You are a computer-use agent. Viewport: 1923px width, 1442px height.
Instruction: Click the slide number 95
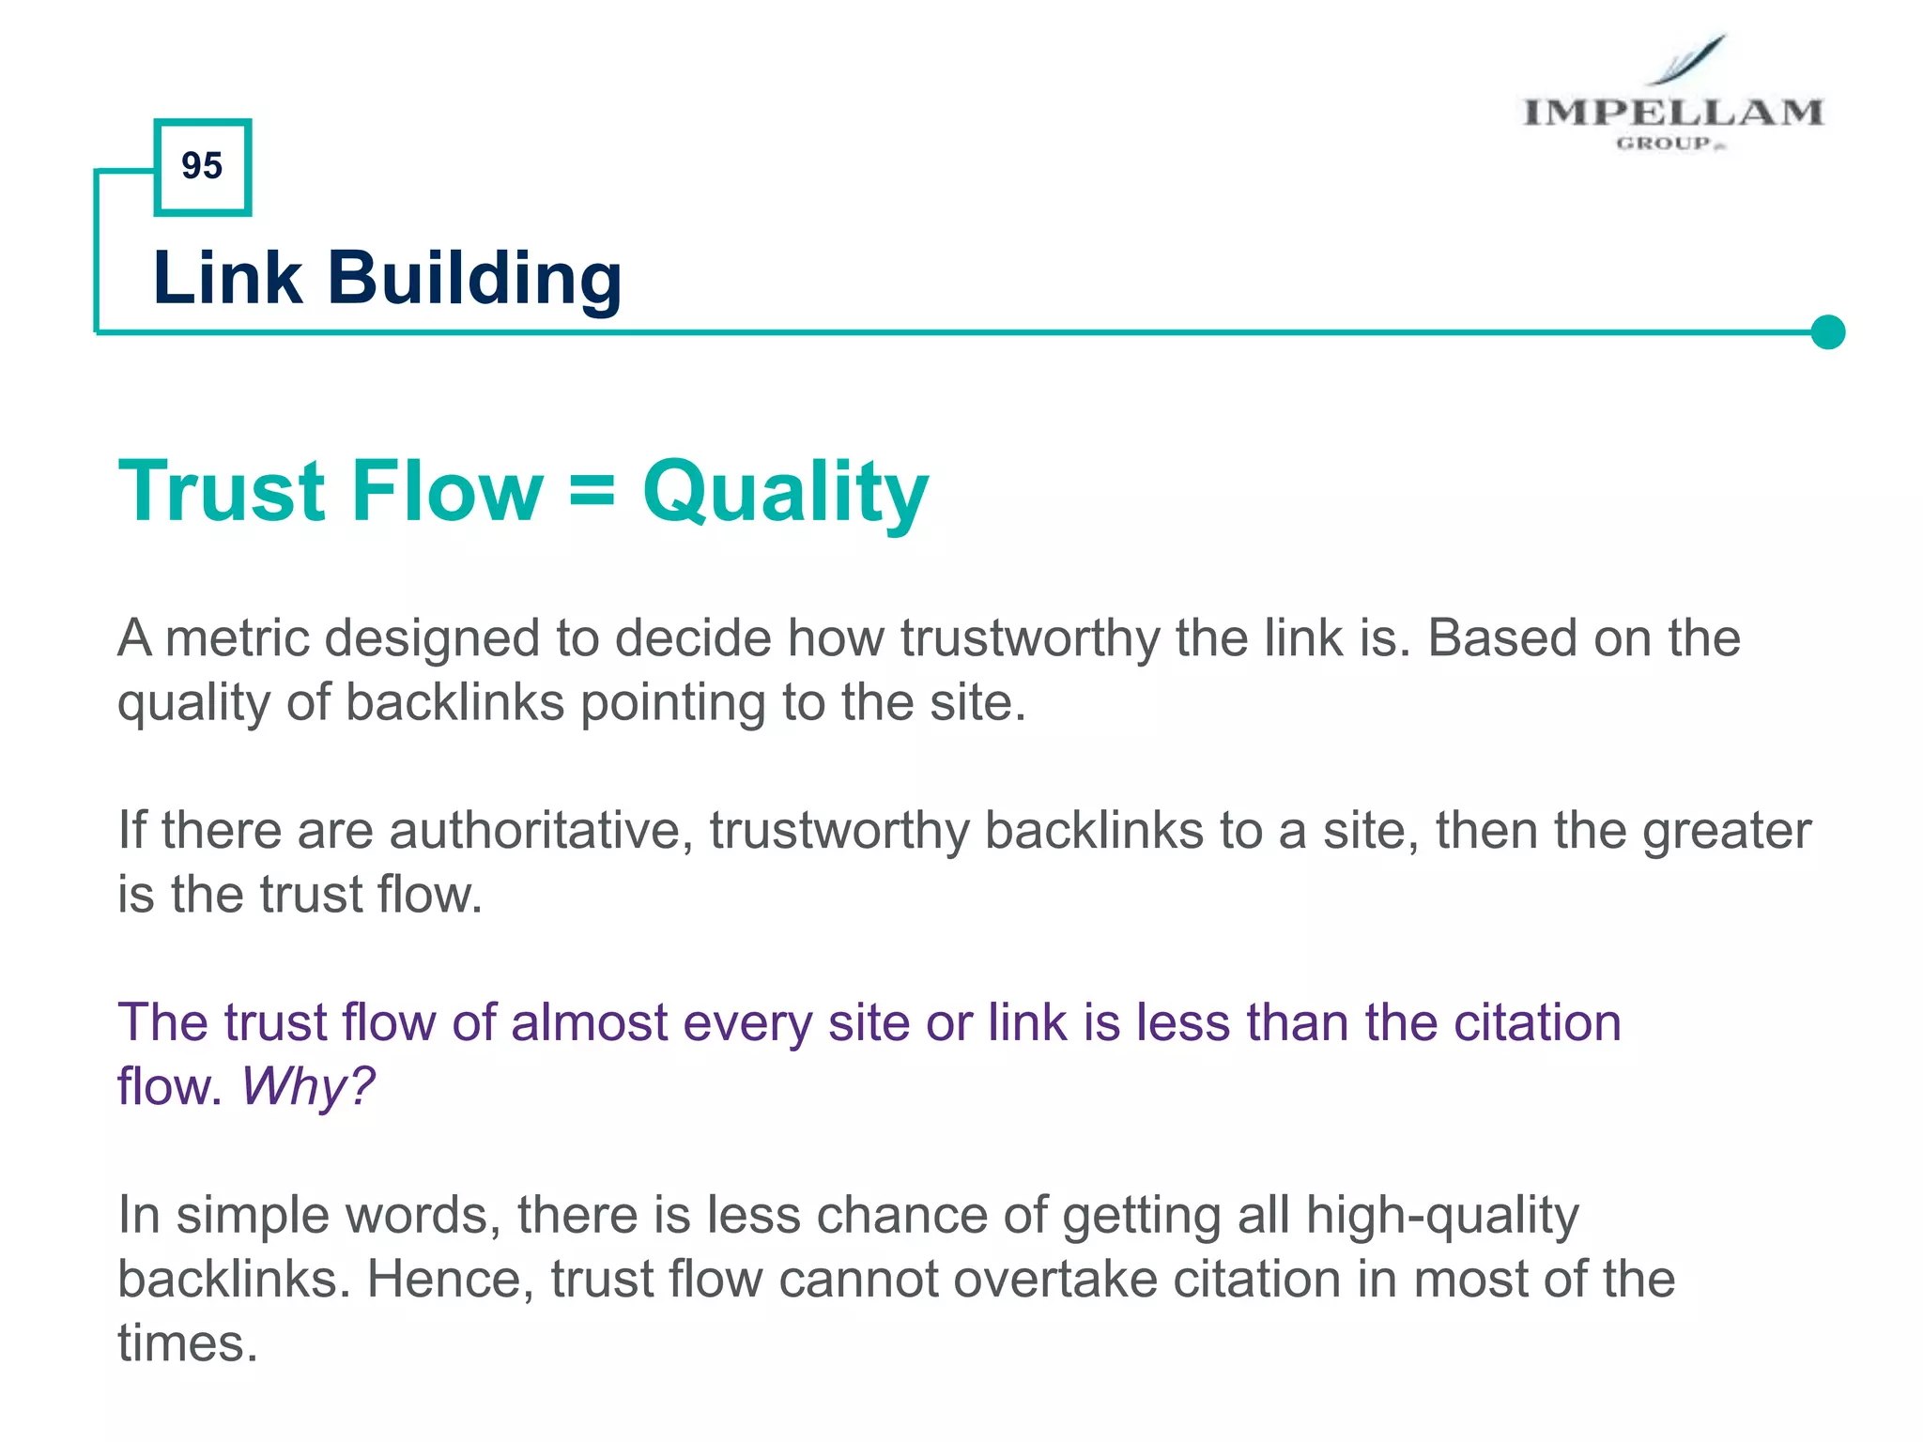[x=202, y=166]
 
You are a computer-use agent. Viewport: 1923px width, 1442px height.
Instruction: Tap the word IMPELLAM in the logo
[x=1672, y=113]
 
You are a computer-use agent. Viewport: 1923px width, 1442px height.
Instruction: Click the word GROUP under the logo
[x=1665, y=144]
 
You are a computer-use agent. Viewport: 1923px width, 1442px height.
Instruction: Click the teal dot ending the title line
[x=1827, y=332]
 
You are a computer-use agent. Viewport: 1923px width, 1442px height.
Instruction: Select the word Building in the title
[x=474, y=279]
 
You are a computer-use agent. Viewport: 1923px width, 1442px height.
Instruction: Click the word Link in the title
[x=227, y=278]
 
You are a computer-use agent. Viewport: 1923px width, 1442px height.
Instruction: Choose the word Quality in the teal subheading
[x=785, y=492]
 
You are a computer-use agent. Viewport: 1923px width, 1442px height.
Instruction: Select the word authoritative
[x=541, y=831]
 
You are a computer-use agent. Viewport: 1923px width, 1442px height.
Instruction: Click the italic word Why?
[x=307, y=1087]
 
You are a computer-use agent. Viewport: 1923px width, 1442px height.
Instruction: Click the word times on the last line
[x=187, y=1343]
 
